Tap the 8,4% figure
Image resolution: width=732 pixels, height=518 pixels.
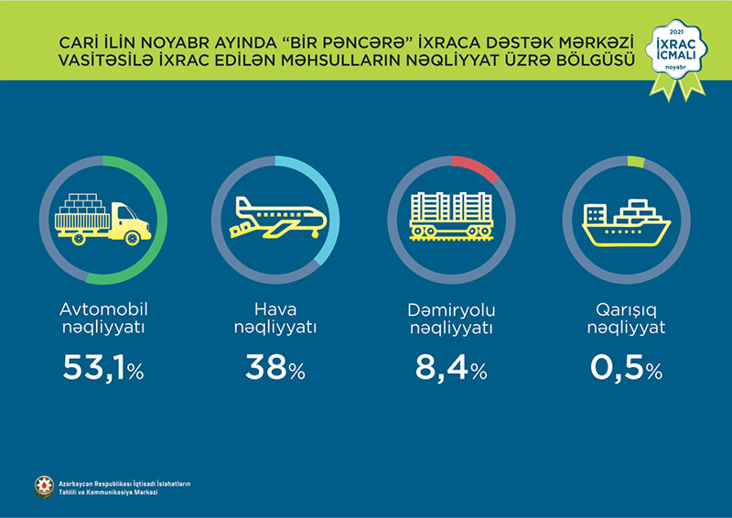pyautogui.click(x=450, y=369)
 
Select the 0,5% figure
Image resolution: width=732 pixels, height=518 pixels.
pyautogui.click(x=626, y=369)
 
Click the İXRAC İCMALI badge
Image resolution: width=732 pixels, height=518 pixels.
pyautogui.click(x=676, y=53)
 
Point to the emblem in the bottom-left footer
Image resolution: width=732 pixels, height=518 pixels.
pyautogui.click(x=44, y=487)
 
